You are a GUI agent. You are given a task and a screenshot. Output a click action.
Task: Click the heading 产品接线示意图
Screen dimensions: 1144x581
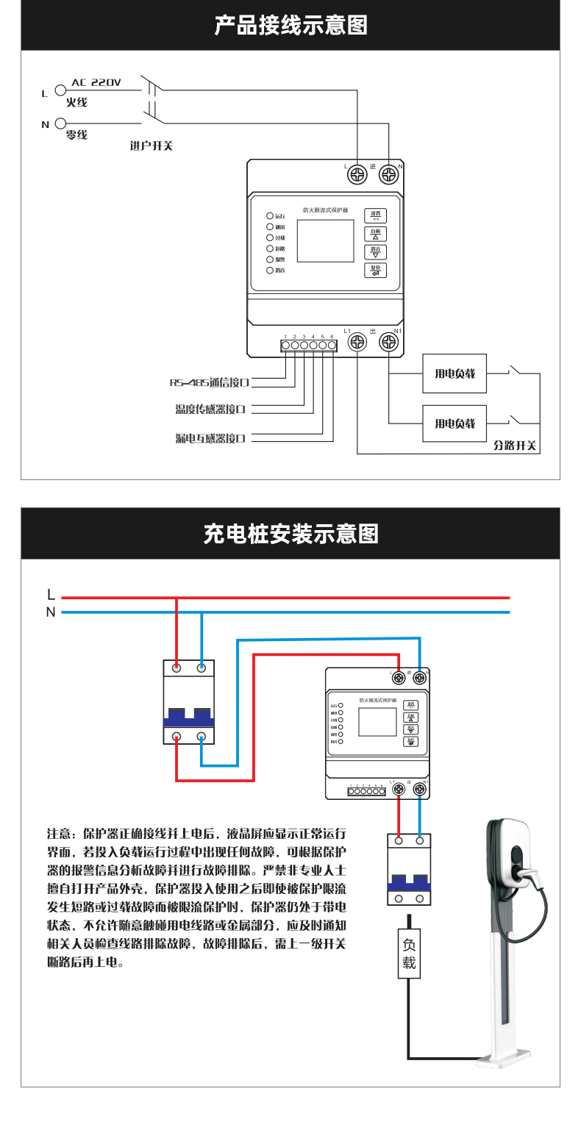pyautogui.click(x=290, y=26)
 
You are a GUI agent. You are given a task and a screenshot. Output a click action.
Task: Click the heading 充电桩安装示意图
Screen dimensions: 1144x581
pyautogui.click(x=290, y=534)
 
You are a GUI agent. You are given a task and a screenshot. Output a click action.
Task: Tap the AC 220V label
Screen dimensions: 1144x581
pyautogui.click(x=96, y=83)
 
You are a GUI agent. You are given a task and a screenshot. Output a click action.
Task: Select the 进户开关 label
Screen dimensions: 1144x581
pyautogui.click(x=151, y=146)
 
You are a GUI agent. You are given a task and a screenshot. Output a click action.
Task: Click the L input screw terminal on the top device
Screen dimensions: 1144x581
pyautogui.click(x=357, y=175)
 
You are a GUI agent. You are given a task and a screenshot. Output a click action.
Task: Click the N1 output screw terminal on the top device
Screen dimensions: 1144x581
pyautogui.click(x=388, y=342)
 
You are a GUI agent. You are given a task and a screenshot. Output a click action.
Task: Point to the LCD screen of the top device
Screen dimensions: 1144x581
pyautogui.click(x=325, y=240)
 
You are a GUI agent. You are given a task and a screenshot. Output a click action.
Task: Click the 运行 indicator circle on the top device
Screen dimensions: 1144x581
pyautogui.click(x=270, y=216)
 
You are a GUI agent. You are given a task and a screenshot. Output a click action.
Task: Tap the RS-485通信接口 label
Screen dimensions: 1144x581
pyautogui.click(x=210, y=383)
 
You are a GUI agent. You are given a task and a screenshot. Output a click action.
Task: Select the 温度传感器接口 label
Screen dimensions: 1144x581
pyautogui.click(x=210, y=410)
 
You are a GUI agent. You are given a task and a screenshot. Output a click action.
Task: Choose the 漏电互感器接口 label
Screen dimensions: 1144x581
pyautogui.click(x=210, y=438)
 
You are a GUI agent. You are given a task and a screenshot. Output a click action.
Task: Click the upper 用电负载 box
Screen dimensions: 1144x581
pyautogui.click(x=455, y=373)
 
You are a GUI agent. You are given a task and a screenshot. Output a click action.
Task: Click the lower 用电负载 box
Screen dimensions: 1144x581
pyautogui.click(x=455, y=423)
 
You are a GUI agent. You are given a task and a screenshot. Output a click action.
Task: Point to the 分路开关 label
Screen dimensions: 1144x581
pyautogui.click(x=515, y=446)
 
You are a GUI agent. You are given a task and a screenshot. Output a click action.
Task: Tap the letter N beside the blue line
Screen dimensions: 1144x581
pyautogui.click(x=51, y=612)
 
